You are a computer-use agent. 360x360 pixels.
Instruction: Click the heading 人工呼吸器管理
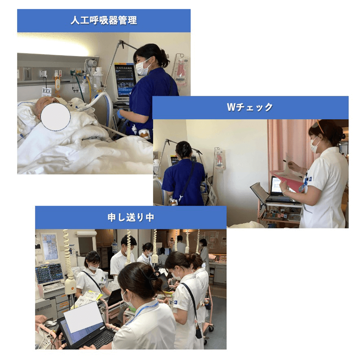(x=104, y=21)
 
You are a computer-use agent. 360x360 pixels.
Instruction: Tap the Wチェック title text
(x=250, y=107)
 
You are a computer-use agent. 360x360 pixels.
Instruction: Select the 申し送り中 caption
(x=130, y=218)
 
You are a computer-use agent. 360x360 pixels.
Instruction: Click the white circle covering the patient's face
(x=56, y=116)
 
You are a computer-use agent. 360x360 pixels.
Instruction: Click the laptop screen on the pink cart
(x=276, y=186)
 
